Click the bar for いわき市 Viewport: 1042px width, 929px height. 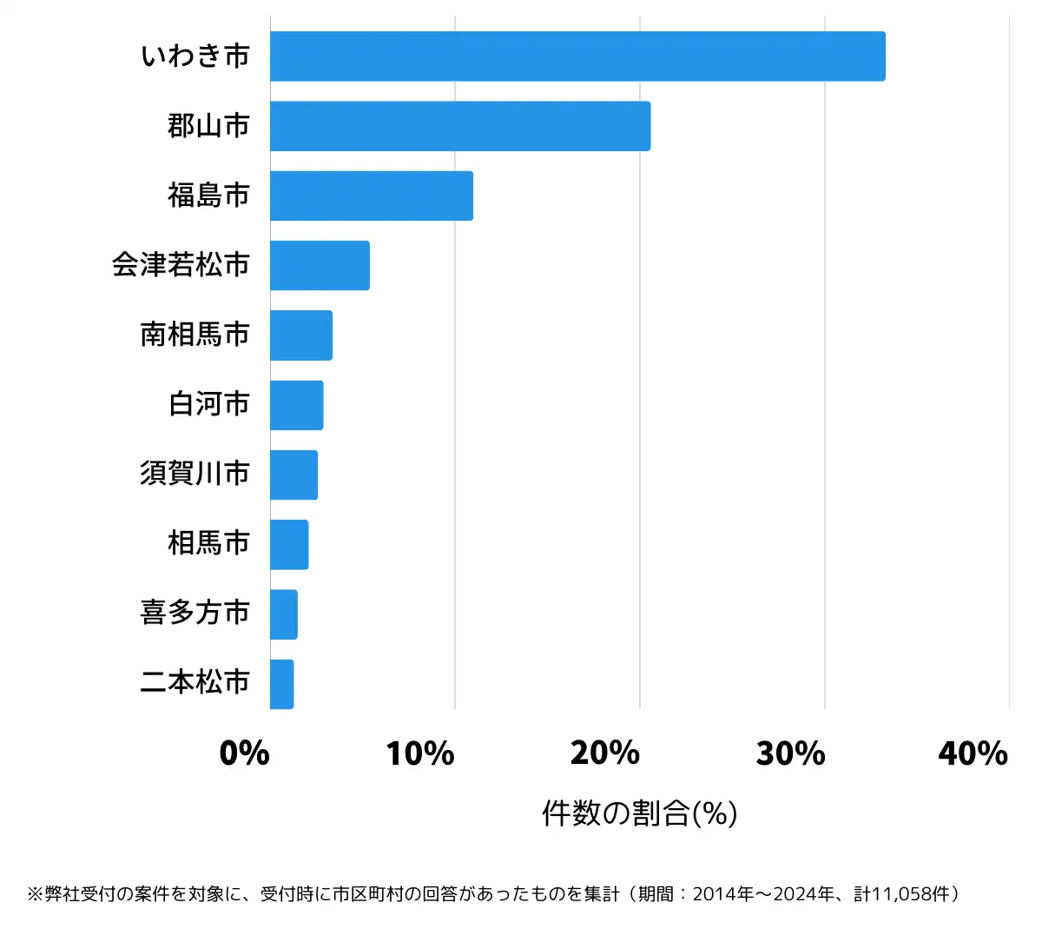point(577,56)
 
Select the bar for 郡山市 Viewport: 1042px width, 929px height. point(460,126)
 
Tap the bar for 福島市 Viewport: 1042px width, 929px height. point(372,196)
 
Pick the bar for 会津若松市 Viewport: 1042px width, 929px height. point(320,265)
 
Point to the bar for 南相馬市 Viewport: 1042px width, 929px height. point(301,335)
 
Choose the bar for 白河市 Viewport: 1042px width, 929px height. point(297,405)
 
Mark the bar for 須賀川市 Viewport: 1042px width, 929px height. point(293,474)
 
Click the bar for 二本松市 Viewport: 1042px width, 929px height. point(282,684)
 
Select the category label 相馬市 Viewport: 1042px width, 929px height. point(208,543)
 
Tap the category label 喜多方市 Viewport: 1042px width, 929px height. point(195,613)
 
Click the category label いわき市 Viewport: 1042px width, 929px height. point(195,56)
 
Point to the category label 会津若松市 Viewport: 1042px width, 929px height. point(181,265)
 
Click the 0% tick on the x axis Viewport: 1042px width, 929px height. point(245,753)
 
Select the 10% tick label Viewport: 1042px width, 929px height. point(420,753)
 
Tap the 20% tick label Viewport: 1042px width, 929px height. point(605,753)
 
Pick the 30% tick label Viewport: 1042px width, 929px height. point(790,753)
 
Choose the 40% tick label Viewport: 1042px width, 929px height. point(973,753)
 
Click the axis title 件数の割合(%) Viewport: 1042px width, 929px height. point(640,813)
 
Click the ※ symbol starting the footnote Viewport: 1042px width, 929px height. point(36,894)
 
